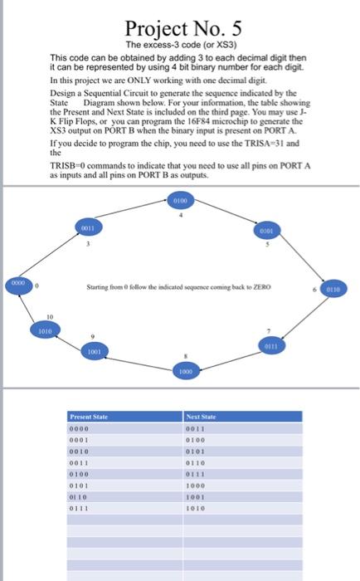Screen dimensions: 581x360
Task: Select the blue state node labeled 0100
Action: pyautogui.click(x=181, y=201)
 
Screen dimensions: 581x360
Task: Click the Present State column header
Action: pyautogui.click(x=88, y=415)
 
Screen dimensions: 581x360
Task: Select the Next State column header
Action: pyautogui.click(x=202, y=415)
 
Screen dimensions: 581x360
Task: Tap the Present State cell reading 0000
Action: pyautogui.click(x=79, y=427)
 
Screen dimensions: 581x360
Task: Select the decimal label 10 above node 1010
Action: pyautogui.click(x=49, y=316)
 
